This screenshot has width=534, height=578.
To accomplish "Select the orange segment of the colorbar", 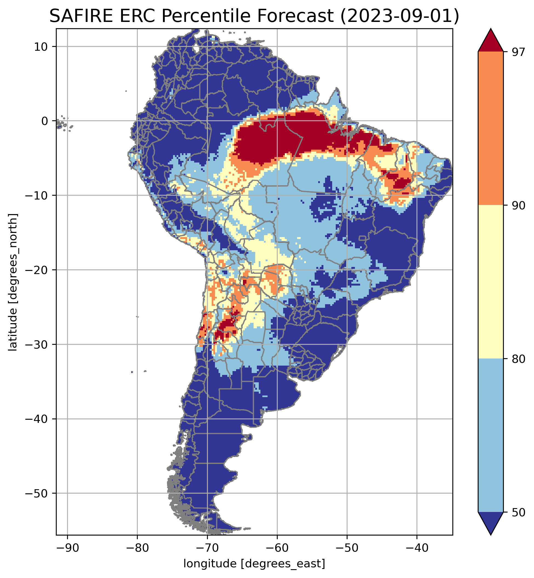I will click(491, 129).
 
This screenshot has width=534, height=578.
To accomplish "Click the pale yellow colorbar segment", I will click(491, 282).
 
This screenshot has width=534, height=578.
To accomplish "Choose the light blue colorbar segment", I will click(491, 435).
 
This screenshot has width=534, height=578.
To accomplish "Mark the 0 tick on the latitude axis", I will click(44, 121).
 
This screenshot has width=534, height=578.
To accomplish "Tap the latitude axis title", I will click(13, 282).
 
